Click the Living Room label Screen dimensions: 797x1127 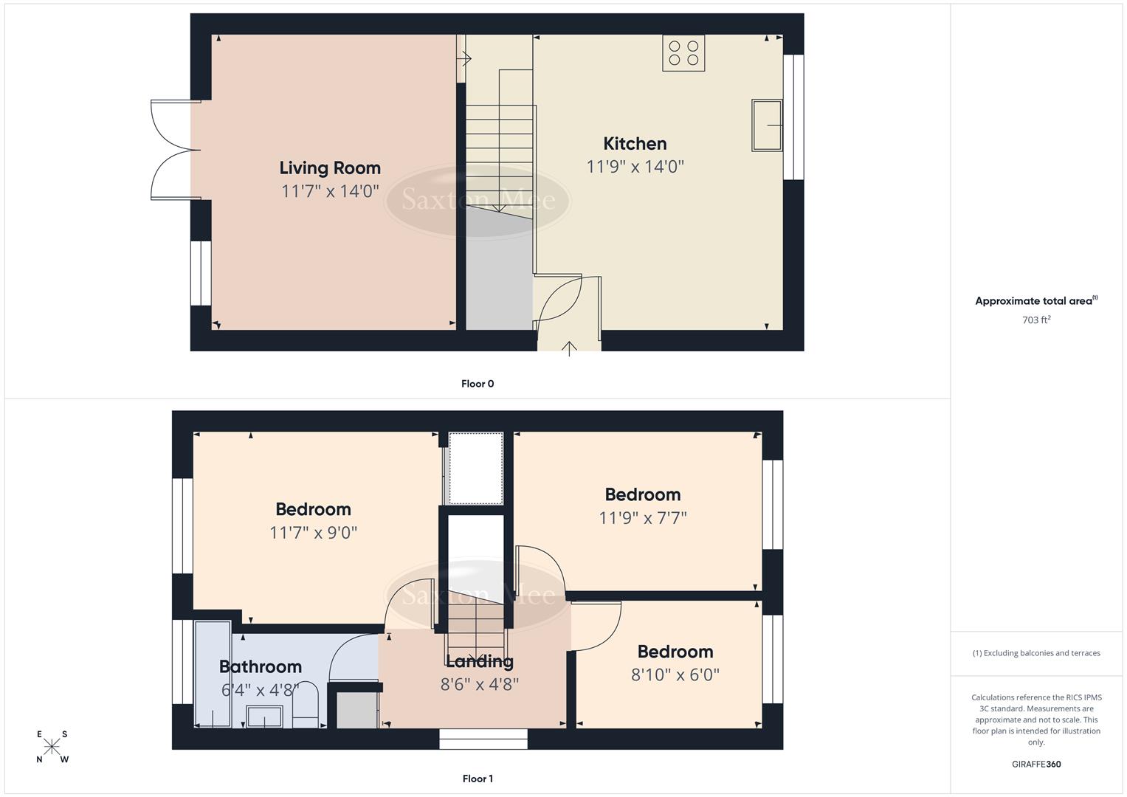click(x=330, y=168)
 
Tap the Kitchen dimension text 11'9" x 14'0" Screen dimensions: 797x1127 click(x=635, y=167)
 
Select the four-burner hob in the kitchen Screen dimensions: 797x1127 click(x=683, y=53)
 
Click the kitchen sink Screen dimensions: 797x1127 click(x=767, y=125)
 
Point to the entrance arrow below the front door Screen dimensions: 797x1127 click(x=569, y=348)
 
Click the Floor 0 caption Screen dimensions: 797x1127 click(x=478, y=384)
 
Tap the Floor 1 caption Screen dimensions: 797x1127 click(x=478, y=779)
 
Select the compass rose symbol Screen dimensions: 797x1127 click(x=52, y=747)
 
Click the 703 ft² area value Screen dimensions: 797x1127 click(x=1036, y=320)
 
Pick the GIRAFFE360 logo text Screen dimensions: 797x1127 click(x=1036, y=765)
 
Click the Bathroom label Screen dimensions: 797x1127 click(x=261, y=667)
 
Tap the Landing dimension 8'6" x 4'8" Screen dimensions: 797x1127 click(x=480, y=685)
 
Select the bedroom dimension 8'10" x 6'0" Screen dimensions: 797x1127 click(x=675, y=674)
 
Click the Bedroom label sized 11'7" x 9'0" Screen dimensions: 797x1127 click(x=313, y=509)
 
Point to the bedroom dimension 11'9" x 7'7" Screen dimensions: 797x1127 click(x=643, y=518)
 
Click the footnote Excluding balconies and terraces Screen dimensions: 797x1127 click(x=1036, y=653)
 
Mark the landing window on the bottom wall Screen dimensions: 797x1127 click(x=483, y=739)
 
